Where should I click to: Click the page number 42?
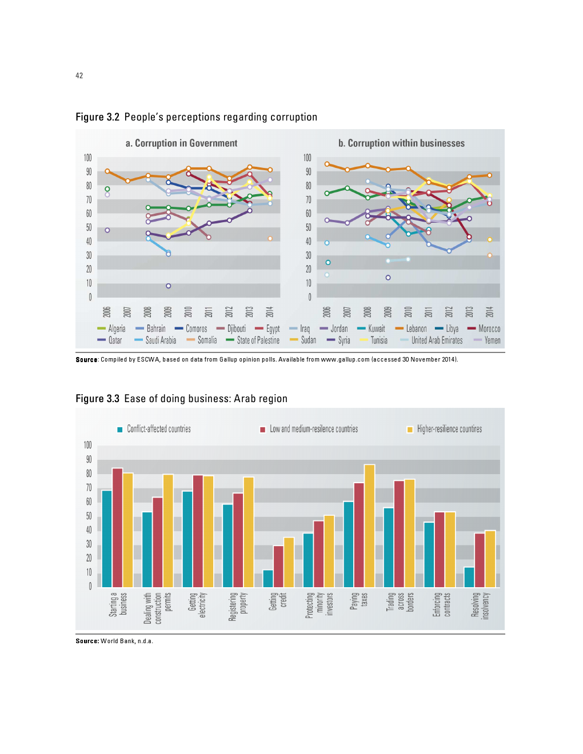[x=79, y=75]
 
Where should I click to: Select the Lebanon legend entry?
[x=411, y=328]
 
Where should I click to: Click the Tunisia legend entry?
[x=376, y=340]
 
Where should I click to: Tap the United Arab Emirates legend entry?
[x=432, y=340]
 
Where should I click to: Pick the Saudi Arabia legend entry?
[x=155, y=340]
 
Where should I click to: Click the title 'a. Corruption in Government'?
[x=181, y=143]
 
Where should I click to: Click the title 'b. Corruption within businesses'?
[x=401, y=143]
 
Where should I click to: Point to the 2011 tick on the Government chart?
[x=209, y=312]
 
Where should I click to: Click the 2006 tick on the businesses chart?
[x=327, y=312]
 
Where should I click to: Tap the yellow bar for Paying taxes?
[x=369, y=526]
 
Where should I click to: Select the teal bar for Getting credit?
[x=267, y=579]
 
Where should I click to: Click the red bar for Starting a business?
[x=117, y=528]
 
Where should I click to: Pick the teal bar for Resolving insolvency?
[x=469, y=577]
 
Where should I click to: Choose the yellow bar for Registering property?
[x=249, y=532]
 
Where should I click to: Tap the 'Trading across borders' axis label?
[x=400, y=601]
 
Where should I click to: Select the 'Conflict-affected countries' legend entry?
[x=154, y=429]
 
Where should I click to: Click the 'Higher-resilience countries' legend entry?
[x=444, y=429]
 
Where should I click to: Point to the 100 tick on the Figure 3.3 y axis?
[x=87, y=445]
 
